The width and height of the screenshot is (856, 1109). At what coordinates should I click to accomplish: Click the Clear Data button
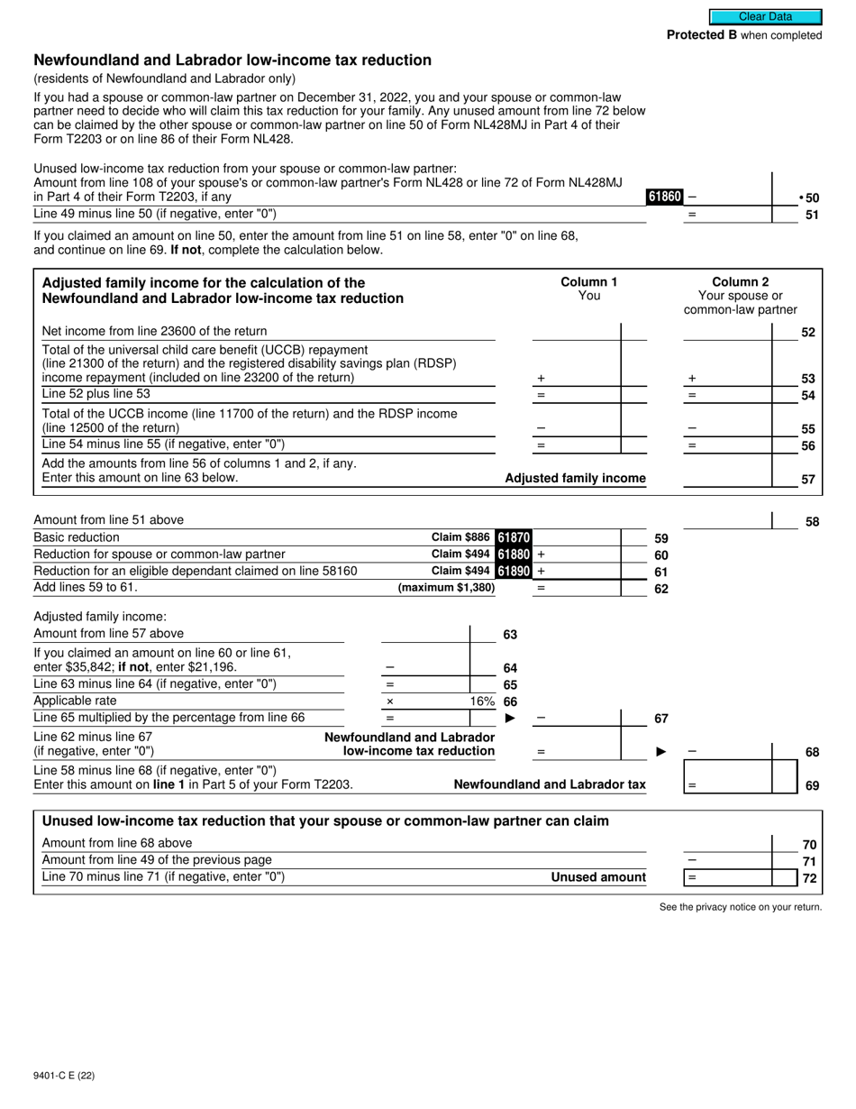point(765,16)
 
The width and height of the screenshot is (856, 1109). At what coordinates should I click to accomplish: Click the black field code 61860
point(664,197)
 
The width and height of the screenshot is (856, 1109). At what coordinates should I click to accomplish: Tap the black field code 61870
point(514,537)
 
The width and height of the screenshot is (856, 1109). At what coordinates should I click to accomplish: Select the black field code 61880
point(514,554)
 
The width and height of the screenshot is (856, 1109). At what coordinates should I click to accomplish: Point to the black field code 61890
point(514,571)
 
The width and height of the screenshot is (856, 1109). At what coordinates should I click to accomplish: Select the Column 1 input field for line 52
point(577,332)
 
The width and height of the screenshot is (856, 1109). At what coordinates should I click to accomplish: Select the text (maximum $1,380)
point(446,588)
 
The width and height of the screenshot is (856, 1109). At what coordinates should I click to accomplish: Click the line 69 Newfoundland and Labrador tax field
point(728,785)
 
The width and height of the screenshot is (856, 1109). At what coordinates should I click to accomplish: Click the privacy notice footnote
point(740,907)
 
